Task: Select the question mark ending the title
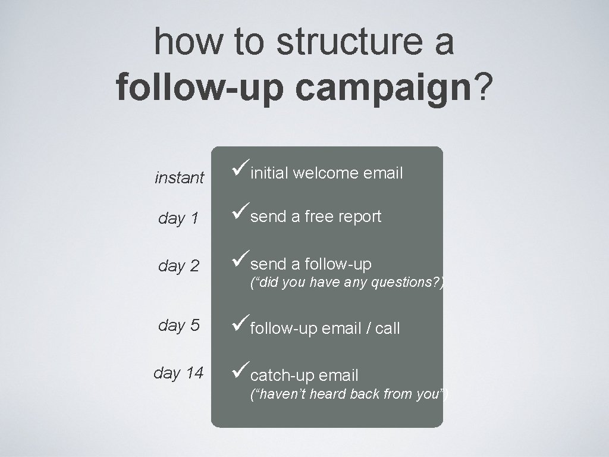pyautogui.click(x=485, y=88)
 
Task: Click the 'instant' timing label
pyautogui.click(x=180, y=177)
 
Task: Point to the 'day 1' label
pyautogui.click(x=178, y=218)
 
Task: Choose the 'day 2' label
pyautogui.click(x=178, y=266)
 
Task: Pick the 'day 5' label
pyautogui.click(x=178, y=325)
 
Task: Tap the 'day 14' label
pyautogui.click(x=178, y=373)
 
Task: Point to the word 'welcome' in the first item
pyautogui.click(x=325, y=173)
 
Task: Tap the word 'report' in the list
pyautogui.click(x=360, y=217)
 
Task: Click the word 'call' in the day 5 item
pyautogui.click(x=387, y=328)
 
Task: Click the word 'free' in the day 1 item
pyautogui.click(x=319, y=217)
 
